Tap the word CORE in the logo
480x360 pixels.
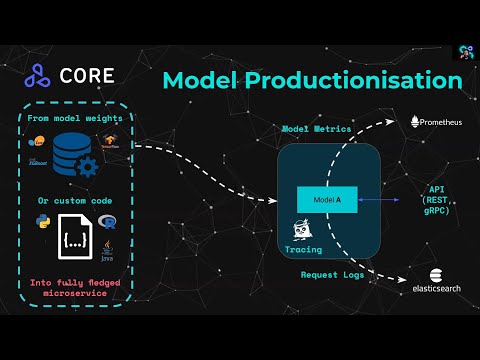click(88, 75)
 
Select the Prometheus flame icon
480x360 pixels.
click(416, 121)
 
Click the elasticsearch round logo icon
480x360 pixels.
click(437, 276)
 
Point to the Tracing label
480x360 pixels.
click(303, 249)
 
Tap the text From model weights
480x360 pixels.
click(76, 118)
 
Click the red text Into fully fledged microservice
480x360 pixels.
click(76, 290)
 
